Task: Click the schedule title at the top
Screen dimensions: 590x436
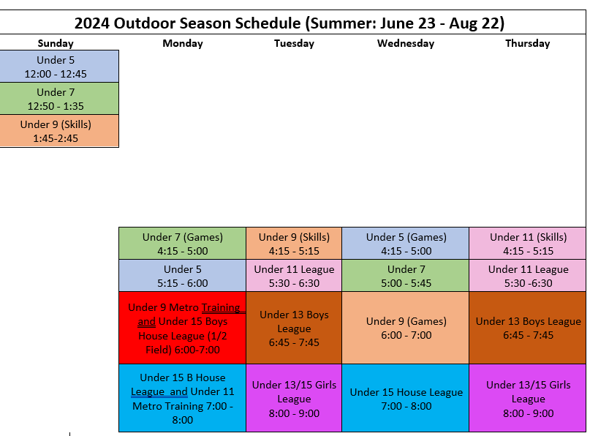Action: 289,23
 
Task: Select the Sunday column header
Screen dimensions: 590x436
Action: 56,43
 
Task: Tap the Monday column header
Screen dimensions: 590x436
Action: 183,43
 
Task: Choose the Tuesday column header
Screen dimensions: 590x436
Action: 294,43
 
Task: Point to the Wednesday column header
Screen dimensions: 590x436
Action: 406,43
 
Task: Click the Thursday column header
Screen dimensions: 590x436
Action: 528,43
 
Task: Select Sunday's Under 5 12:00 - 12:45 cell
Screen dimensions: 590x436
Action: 59,67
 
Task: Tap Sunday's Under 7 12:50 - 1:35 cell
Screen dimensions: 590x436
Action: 59,99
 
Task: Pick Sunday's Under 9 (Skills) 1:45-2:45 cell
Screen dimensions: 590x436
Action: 59,131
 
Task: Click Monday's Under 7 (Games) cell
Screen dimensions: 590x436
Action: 183,244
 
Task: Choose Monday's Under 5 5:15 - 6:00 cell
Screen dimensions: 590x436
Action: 183,276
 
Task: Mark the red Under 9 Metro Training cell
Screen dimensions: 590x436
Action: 183,328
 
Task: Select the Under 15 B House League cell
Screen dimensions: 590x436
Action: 183,398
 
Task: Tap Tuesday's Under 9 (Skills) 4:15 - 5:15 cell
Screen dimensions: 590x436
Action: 294,244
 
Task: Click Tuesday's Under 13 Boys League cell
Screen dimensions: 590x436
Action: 294,328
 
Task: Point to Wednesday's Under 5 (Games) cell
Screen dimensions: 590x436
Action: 406,244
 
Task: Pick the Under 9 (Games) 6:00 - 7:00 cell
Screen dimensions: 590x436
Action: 406,328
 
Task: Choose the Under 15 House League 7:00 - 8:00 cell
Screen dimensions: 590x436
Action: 406,398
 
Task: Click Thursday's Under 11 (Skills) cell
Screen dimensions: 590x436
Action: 528,244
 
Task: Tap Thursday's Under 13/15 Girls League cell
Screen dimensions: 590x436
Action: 528,398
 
